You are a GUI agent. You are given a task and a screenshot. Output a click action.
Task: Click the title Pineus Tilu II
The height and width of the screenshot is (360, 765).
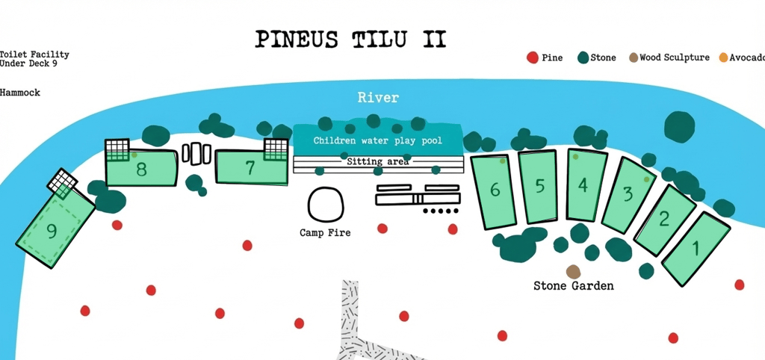pos(350,39)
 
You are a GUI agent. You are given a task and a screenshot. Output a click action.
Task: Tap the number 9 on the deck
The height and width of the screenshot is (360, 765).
pos(52,232)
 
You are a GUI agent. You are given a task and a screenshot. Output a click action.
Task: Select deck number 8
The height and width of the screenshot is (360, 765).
pos(141,170)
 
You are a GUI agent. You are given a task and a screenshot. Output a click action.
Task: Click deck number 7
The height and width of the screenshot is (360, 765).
pos(250,168)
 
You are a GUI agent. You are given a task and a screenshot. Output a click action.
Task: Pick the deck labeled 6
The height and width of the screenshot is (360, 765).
pos(495,190)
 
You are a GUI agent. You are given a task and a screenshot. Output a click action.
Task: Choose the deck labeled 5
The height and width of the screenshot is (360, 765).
pos(539,187)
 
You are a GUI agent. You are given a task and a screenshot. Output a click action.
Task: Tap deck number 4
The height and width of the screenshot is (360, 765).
pos(583,184)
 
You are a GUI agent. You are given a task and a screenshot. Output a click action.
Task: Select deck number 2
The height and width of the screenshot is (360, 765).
pos(663,220)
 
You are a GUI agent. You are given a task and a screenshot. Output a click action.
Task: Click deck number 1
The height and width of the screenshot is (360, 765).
pos(696,249)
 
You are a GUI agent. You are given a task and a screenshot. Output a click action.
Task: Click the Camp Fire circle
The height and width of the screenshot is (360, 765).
pos(325,203)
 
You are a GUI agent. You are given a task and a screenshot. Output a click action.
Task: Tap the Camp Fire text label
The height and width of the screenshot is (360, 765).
pos(325,233)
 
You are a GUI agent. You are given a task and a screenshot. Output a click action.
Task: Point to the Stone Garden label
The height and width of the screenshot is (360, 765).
pos(573,286)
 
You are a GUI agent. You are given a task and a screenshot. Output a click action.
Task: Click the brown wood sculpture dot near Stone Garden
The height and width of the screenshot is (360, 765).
pos(573,272)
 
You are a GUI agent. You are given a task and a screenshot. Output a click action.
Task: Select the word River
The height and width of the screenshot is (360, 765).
pos(378,98)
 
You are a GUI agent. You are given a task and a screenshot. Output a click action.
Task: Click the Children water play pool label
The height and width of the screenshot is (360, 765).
pos(377,140)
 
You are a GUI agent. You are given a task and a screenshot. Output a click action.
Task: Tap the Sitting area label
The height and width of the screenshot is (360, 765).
pos(378,161)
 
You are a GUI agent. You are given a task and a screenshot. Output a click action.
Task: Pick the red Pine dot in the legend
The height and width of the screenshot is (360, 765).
pos(533,58)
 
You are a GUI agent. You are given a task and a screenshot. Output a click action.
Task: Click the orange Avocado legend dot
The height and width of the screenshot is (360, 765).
pos(723,58)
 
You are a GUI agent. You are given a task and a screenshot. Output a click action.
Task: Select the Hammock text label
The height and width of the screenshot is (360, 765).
pos(20,93)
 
